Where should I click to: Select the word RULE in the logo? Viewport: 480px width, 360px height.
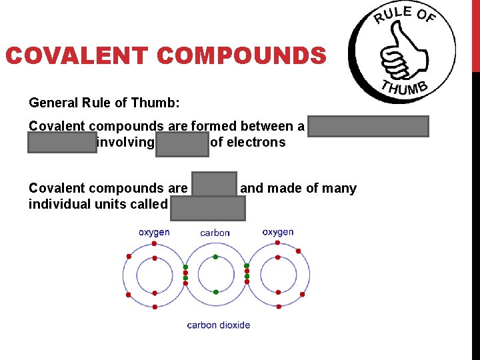tap(392, 15)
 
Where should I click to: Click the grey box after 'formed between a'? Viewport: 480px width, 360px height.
tap(369, 126)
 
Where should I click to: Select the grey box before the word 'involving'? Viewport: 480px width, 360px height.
tap(62, 143)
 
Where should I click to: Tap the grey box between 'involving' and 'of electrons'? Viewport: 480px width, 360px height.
tap(182, 143)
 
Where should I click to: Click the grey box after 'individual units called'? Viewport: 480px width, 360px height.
tap(207, 207)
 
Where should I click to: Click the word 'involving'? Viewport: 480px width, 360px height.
tap(126, 142)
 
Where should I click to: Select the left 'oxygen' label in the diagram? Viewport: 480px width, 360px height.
tap(154, 233)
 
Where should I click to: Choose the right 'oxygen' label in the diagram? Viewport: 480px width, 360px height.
tap(277, 233)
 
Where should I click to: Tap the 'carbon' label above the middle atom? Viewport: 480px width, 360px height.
tap(215, 233)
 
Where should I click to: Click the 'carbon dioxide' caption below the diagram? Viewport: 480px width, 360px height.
tap(219, 325)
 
